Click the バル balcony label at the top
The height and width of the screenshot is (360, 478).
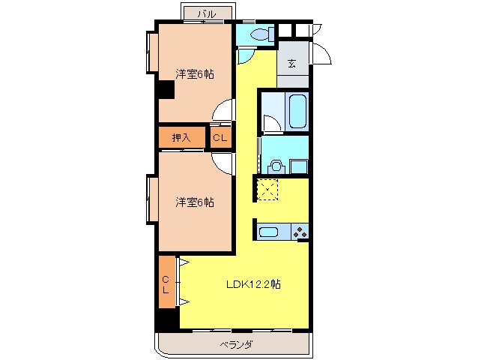pyautogui.click(x=207, y=13)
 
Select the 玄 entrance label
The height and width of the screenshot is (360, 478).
pyautogui.click(x=291, y=64)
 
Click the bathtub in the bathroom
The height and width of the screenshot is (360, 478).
pyautogui.click(x=297, y=112)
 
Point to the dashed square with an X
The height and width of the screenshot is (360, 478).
pyautogui.click(x=267, y=190)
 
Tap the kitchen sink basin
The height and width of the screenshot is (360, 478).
pyautogui.click(x=269, y=232)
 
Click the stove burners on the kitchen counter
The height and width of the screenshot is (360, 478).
pyautogui.click(x=300, y=232)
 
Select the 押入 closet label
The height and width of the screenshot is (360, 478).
pyautogui.click(x=180, y=137)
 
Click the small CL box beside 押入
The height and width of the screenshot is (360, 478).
pyautogui.click(x=220, y=137)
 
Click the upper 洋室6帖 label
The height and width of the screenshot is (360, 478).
pyautogui.click(x=195, y=73)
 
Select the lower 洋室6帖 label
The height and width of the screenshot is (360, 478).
pyautogui.click(x=195, y=202)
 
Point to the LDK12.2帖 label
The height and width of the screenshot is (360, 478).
pyautogui.click(x=254, y=284)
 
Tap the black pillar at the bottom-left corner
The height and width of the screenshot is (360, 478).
pyautogui.click(x=166, y=320)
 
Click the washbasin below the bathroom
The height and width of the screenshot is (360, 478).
pyautogui.click(x=275, y=166)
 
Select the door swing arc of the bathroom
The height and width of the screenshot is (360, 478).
pyautogui.click(x=271, y=124)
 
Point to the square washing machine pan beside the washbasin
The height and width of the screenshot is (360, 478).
pyautogui.click(x=299, y=166)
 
